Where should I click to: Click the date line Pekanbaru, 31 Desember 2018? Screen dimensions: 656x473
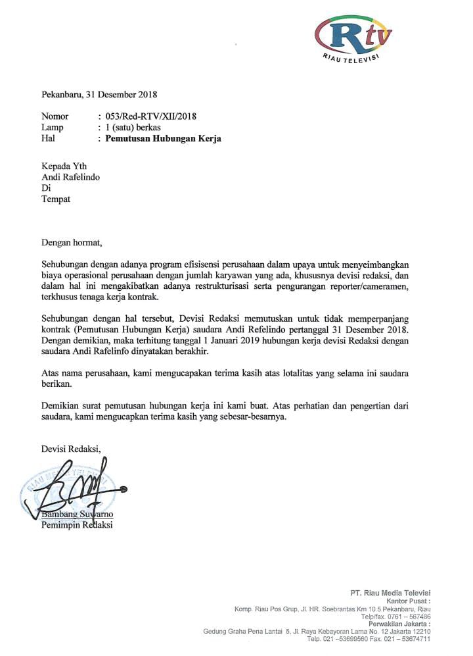pos(99,94)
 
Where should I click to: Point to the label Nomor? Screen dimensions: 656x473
pos(55,116)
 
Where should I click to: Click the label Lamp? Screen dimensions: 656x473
pos(53,128)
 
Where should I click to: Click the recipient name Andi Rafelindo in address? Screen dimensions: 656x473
pos(71,177)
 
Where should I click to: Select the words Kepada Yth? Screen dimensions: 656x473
pos(64,166)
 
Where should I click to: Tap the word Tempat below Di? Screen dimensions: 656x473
pos(56,199)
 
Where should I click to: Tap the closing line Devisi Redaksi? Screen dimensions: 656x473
pos(72,449)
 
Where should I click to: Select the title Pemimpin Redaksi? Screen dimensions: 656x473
pos(77,524)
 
